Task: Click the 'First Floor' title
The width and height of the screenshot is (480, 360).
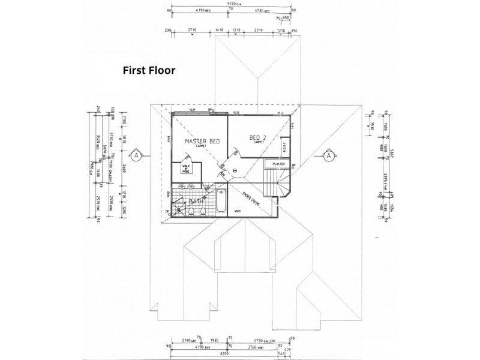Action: click(x=149, y=70)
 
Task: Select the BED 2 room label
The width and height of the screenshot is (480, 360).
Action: click(x=259, y=138)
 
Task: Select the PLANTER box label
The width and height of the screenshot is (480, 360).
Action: click(x=278, y=163)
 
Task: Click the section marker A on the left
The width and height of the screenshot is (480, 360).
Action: click(x=137, y=156)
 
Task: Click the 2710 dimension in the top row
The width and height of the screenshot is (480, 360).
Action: click(x=192, y=29)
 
